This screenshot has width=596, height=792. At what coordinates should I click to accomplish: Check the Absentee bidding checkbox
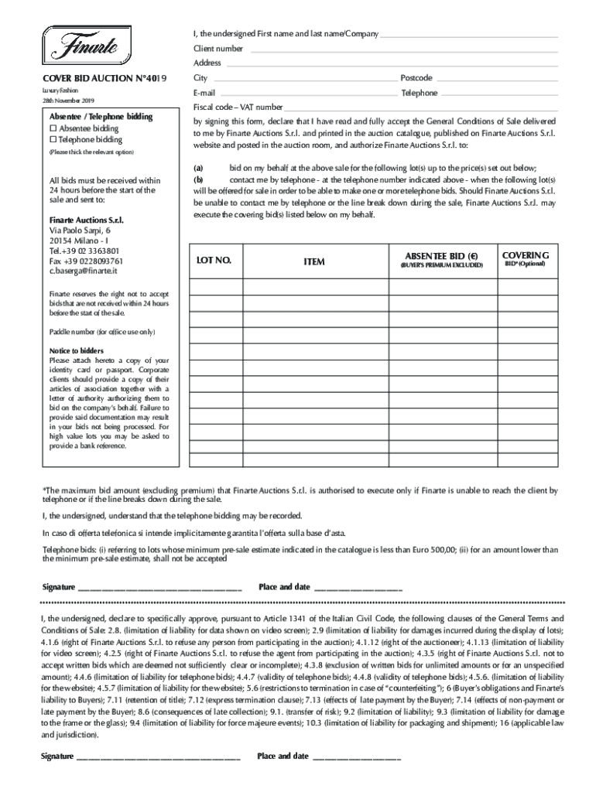[53, 128]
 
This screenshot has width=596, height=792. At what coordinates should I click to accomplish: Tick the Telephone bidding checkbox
[53, 140]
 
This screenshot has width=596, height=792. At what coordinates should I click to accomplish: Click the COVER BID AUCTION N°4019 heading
[104, 79]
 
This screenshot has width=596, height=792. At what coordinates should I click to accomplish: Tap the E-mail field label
[204, 93]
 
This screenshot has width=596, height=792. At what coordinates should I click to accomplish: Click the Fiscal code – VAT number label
[238, 107]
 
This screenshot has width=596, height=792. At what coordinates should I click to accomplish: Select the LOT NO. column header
[214, 261]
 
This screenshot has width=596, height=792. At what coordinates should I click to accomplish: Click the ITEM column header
[313, 262]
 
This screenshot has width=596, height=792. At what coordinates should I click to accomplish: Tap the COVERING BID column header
[526, 255]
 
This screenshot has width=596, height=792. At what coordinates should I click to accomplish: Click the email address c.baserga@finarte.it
[84, 271]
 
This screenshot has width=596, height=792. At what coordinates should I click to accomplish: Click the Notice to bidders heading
[76, 350]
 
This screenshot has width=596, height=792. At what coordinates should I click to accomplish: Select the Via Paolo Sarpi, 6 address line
[80, 230]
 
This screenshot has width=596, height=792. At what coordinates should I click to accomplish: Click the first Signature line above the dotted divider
[159, 588]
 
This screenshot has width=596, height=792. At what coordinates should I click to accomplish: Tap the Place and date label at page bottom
[283, 756]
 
